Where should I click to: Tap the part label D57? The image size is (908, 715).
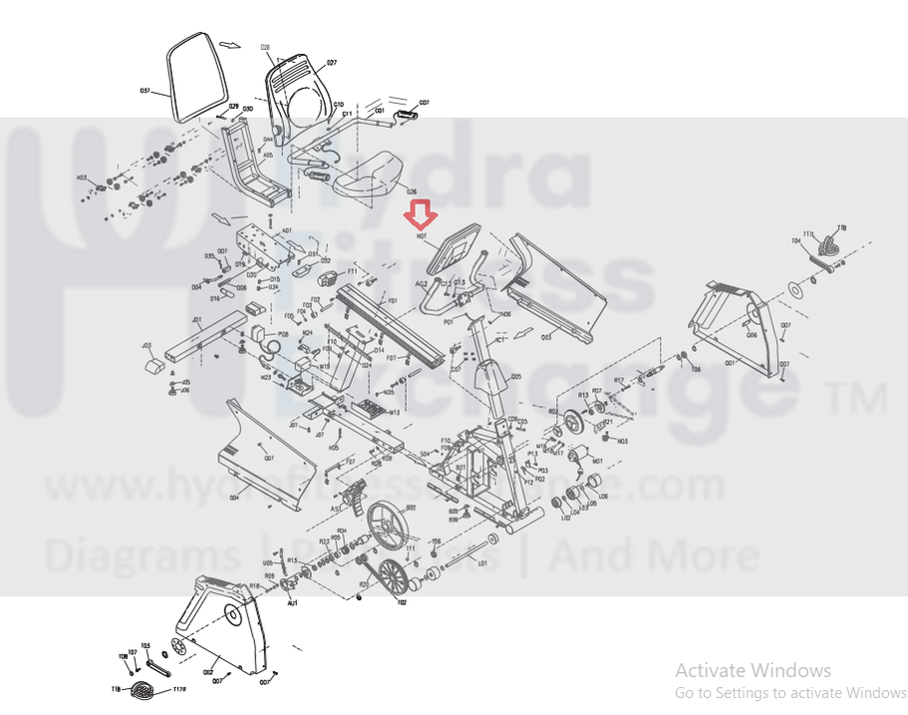[x=145, y=91]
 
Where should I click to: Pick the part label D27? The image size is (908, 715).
[x=331, y=63]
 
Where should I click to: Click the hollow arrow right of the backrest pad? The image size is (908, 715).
[x=230, y=45]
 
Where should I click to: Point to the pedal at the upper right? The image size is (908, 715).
[x=830, y=245]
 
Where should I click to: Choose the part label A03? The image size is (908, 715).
[x=82, y=179]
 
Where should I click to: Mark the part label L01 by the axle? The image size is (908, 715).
[x=483, y=563]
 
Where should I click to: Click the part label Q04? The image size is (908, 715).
[x=233, y=496]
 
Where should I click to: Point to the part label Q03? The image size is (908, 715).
[x=546, y=337]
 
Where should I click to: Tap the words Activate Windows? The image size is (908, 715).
[x=753, y=670]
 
